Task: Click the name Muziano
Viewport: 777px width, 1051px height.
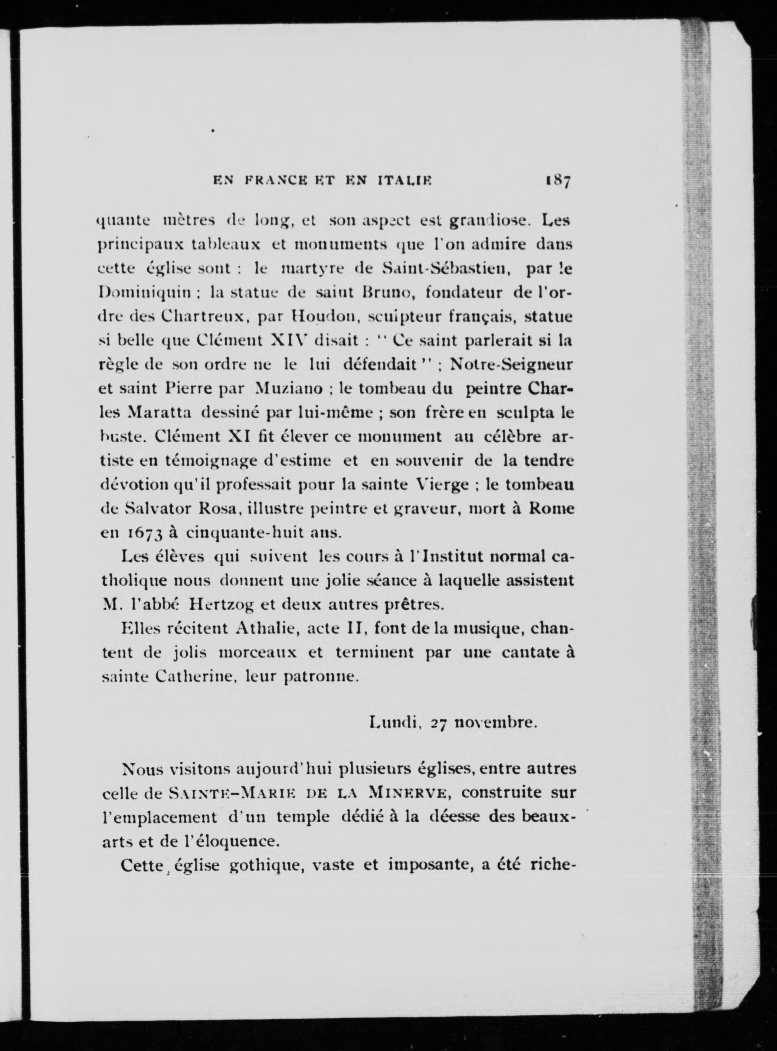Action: [x=288, y=390]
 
